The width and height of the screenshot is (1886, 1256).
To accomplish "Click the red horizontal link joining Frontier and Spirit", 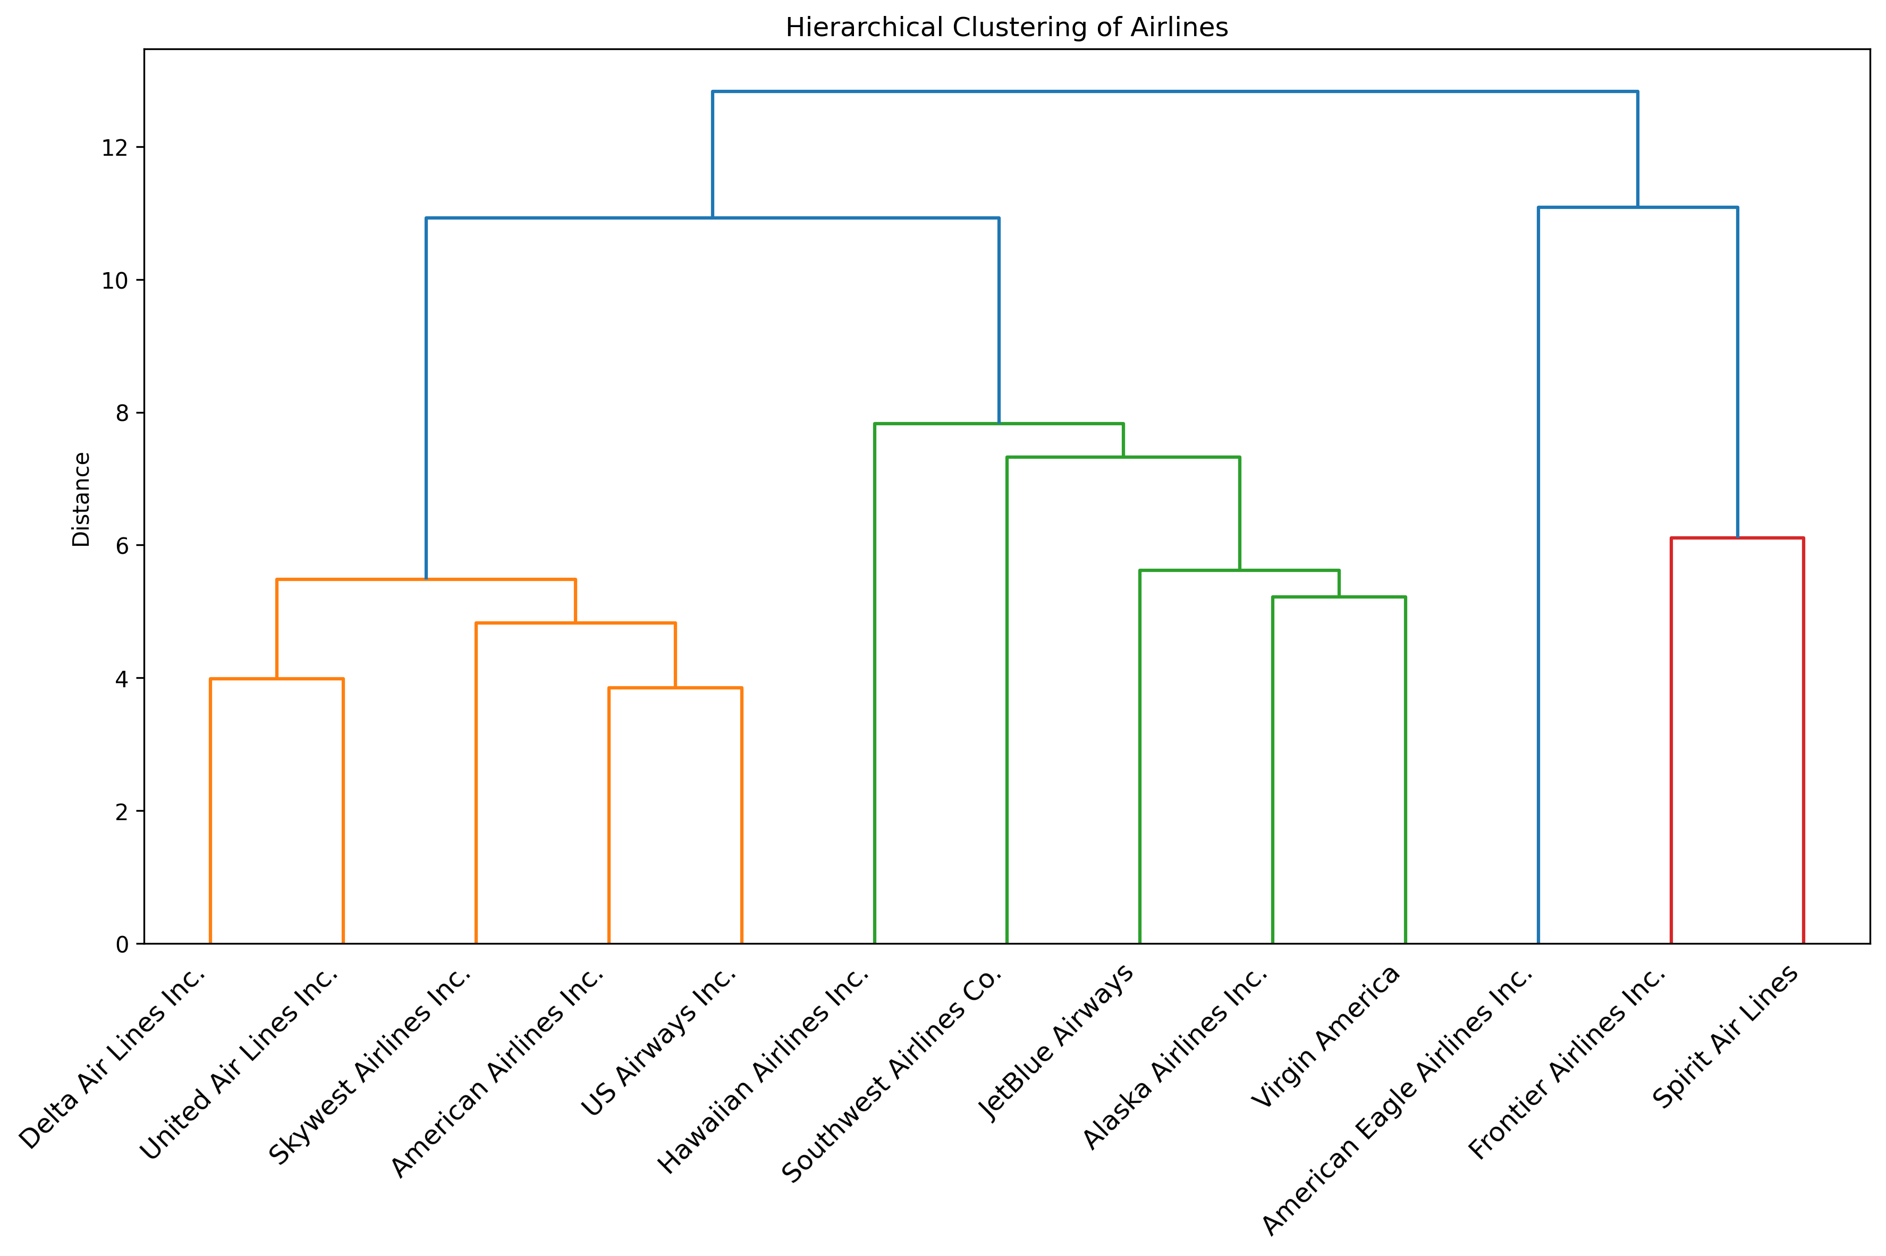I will coord(1736,538).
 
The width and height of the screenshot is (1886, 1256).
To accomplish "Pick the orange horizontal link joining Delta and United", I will coord(276,679).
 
